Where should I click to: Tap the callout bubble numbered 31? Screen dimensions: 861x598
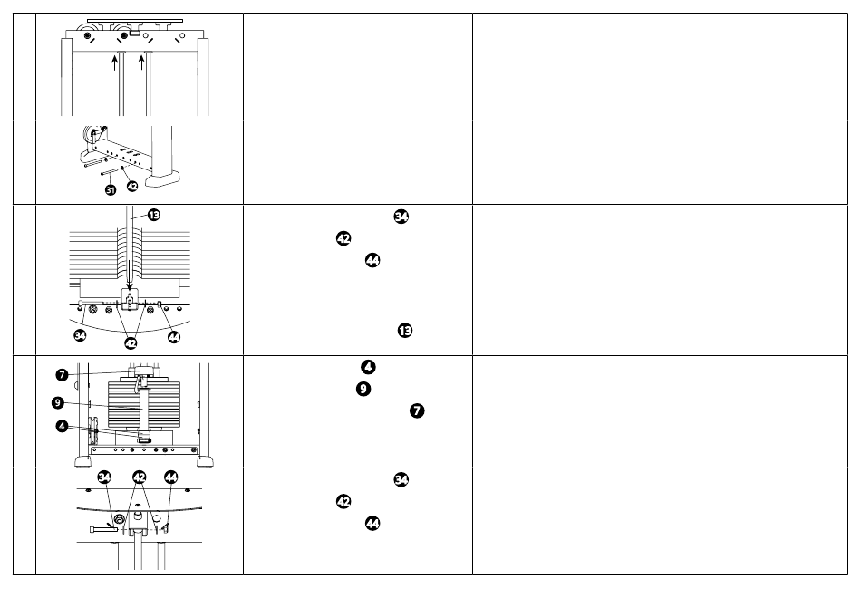(x=111, y=190)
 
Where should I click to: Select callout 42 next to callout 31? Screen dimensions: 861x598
(x=132, y=186)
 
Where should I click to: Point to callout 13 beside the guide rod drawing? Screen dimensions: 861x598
(x=154, y=215)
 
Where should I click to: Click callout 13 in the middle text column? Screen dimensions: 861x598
(x=405, y=331)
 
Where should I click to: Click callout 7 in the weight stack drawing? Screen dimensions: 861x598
(x=62, y=375)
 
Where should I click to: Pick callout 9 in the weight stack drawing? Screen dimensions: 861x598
(x=58, y=403)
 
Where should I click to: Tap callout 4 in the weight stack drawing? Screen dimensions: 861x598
(x=62, y=426)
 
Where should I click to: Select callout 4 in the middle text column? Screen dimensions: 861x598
(x=368, y=367)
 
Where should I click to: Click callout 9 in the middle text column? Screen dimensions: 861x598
(x=363, y=389)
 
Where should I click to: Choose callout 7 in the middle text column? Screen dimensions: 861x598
(x=417, y=410)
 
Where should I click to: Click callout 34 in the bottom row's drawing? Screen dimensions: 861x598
(x=104, y=477)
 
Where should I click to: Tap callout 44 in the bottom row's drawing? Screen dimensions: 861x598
(x=170, y=477)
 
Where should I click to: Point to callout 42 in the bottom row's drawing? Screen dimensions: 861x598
(x=140, y=477)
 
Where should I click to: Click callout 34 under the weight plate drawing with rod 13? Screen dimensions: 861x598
(x=80, y=335)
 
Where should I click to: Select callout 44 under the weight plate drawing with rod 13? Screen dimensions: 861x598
(x=174, y=337)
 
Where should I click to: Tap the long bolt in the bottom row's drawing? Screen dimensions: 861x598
(x=102, y=529)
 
